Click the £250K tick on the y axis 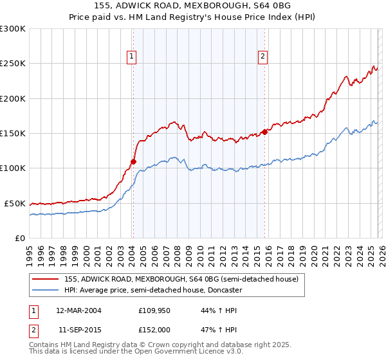13,64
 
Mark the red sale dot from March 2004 134,161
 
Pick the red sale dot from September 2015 264,132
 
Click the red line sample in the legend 45,280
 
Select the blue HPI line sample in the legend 45,290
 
